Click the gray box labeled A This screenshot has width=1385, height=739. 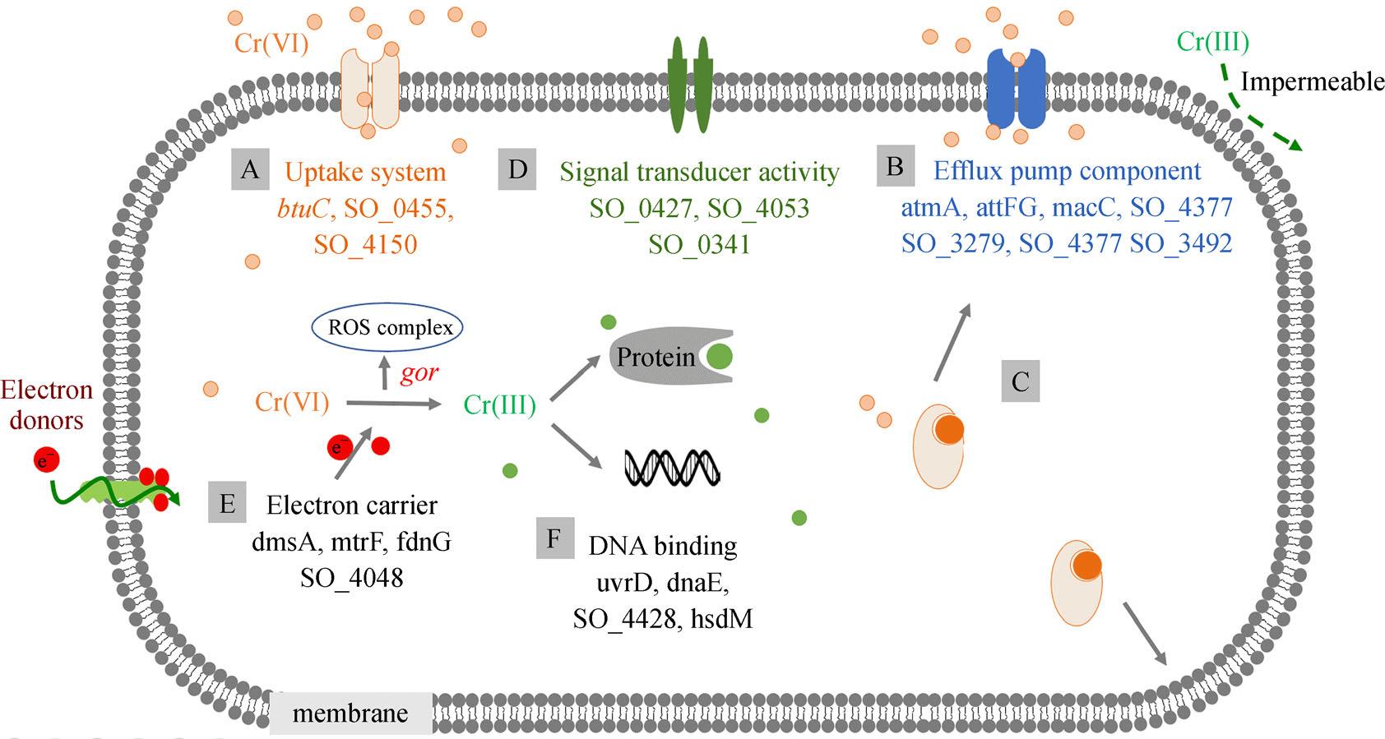250,169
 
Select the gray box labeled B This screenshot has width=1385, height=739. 896,166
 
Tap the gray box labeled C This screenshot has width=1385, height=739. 1020,381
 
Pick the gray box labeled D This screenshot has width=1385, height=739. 517,169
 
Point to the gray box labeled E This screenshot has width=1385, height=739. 228,503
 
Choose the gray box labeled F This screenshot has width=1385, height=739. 554,538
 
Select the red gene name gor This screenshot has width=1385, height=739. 419,372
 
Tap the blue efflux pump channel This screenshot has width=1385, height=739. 1017,88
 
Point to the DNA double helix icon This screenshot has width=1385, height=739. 672,468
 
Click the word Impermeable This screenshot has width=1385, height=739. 1312,81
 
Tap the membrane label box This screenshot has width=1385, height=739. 350,713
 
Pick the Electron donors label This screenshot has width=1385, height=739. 46,404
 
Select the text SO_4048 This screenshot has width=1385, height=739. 351,578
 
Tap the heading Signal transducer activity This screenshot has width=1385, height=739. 699,172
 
